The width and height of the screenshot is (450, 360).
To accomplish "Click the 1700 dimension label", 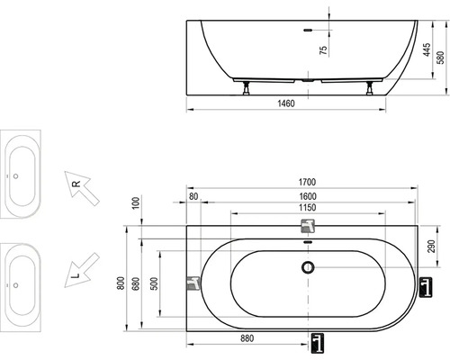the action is tap(307, 182).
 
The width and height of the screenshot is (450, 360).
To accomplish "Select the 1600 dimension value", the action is tap(308, 196).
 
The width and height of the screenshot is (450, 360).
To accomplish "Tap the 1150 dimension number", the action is tap(307, 208).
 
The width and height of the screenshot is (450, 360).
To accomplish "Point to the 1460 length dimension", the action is tap(286, 103).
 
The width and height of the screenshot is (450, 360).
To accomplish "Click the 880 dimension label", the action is tap(247, 338).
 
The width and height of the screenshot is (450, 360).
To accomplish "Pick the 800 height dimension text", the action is tap(121, 283).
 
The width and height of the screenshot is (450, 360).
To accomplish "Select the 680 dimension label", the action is tap(136, 283).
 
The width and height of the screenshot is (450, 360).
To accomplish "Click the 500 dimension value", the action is tap(154, 283).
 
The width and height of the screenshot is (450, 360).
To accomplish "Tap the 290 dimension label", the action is tap(431, 246).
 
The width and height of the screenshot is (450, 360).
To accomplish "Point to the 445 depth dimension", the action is tap(427, 49).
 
